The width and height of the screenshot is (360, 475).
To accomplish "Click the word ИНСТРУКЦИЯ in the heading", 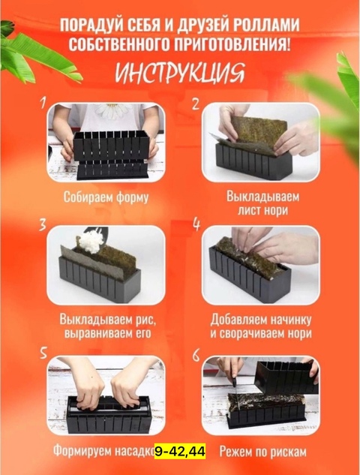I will click(x=179, y=74).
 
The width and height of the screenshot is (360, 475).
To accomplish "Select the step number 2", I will click(x=195, y=105).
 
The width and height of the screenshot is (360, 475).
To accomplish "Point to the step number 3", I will click(x=43, y=224).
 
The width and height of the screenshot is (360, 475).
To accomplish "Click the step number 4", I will click(x=196, y=223).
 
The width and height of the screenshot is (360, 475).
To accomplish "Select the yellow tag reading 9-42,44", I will click(x=179, y=452).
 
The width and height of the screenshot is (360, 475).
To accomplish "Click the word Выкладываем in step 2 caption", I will click(x=262, y=196).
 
